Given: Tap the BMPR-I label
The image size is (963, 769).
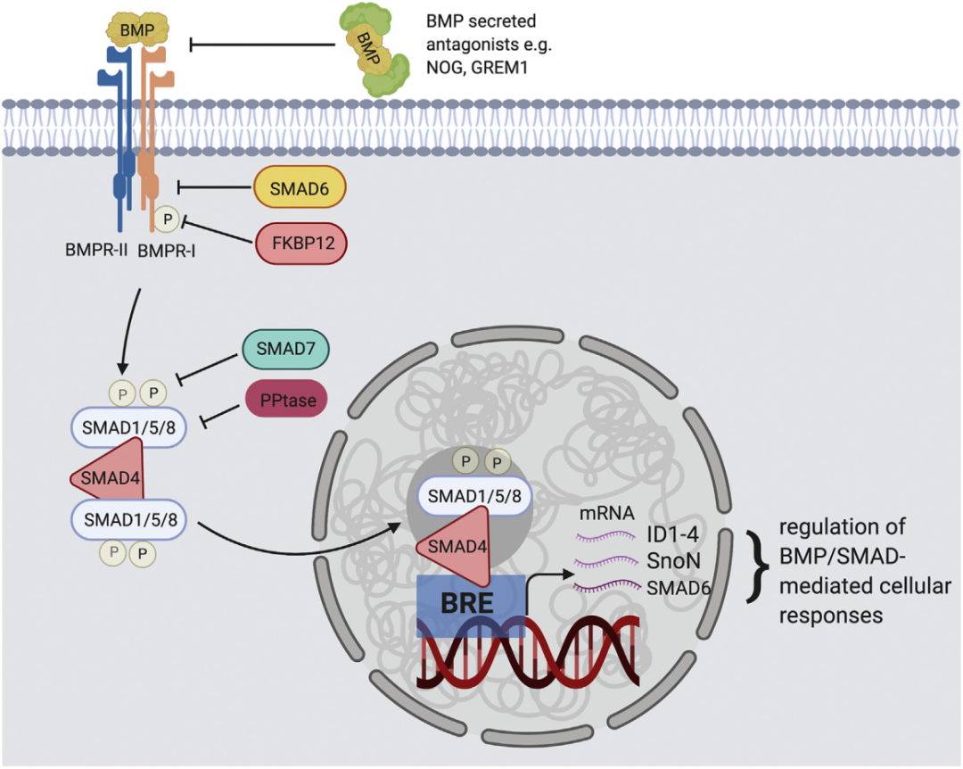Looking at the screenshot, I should (167, 251).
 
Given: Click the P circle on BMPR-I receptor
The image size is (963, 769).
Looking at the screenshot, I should (165, 217).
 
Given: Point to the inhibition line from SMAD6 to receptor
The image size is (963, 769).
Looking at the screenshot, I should (214, 186).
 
